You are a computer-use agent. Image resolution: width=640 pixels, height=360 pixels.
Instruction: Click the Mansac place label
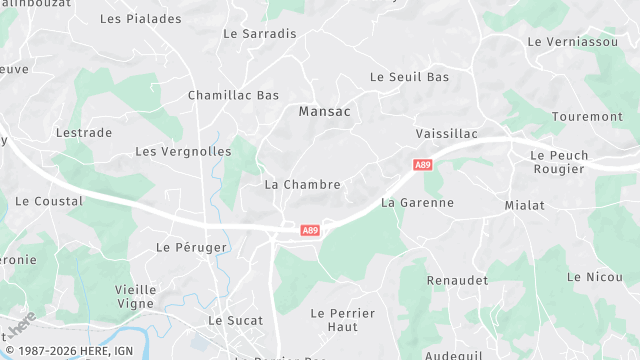click(x=325, y=112)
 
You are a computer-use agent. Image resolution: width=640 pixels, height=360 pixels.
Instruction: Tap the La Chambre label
click(x=303, y=185)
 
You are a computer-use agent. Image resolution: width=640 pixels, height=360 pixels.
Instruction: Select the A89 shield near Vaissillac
click(x=422, y=163)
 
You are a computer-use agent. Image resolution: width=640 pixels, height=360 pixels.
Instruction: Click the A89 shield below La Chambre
click(x=310, y=231)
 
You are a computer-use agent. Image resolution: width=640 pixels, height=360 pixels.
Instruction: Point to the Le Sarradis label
click(x=260, y=33)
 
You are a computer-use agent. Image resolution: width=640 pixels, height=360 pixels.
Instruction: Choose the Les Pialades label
click(x=141, y=19)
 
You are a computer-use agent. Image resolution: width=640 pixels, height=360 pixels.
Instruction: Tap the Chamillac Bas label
click(x=233, y=96)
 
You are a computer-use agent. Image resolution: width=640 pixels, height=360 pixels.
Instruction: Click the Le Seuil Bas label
click(x=410, y=77)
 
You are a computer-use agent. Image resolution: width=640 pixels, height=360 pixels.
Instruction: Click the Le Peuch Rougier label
click(x=558, y=162)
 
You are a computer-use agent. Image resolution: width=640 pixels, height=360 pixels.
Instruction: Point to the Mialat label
click(x=525, y=205)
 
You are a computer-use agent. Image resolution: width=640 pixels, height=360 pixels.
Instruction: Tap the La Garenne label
click(x=417, y=203)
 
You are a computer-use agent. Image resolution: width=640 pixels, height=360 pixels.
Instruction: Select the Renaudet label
click(x=458, y=281)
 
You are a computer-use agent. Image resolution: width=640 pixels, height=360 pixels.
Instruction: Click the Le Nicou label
click(x=588, y=277)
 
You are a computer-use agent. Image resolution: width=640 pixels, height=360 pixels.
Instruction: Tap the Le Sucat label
click(x=235, y=321)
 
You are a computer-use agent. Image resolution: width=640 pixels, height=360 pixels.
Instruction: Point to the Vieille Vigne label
click(x=129, y=296)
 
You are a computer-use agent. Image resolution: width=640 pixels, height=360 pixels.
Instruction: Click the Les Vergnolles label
click(x=183, y=152)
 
